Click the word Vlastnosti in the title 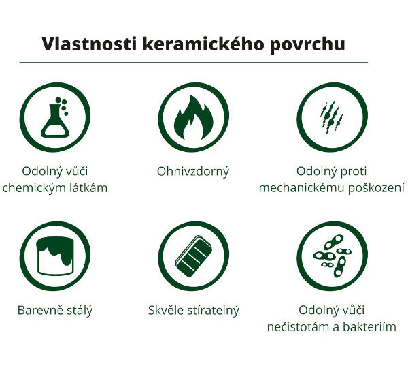[89, 44]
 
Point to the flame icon [193, 117]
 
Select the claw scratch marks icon [332, 117]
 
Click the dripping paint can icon [55, 256]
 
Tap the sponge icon [193, 256]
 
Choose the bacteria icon [332, 256]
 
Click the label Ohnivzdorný [193, 172]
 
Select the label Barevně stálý [55, 311]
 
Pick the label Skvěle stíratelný [194, 311]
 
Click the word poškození [376, 188]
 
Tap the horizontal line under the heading [194, 63]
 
